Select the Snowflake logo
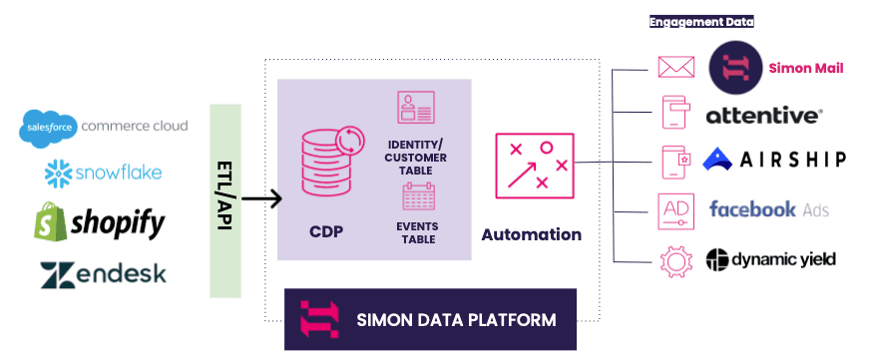tap(104, 175)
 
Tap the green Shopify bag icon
tap(52, 222)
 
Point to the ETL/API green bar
tap(226, 199)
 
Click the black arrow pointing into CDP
tap(262, 199)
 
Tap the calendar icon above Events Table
tap(418, 200)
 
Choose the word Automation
tap(531, 235)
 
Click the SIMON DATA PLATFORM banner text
tap(455, 320)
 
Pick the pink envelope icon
tap(676, 68)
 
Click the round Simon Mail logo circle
tap(736, 68)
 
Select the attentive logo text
tap(763, 116)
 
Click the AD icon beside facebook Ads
tap(676, 209)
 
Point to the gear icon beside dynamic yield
tap(676, 259)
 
